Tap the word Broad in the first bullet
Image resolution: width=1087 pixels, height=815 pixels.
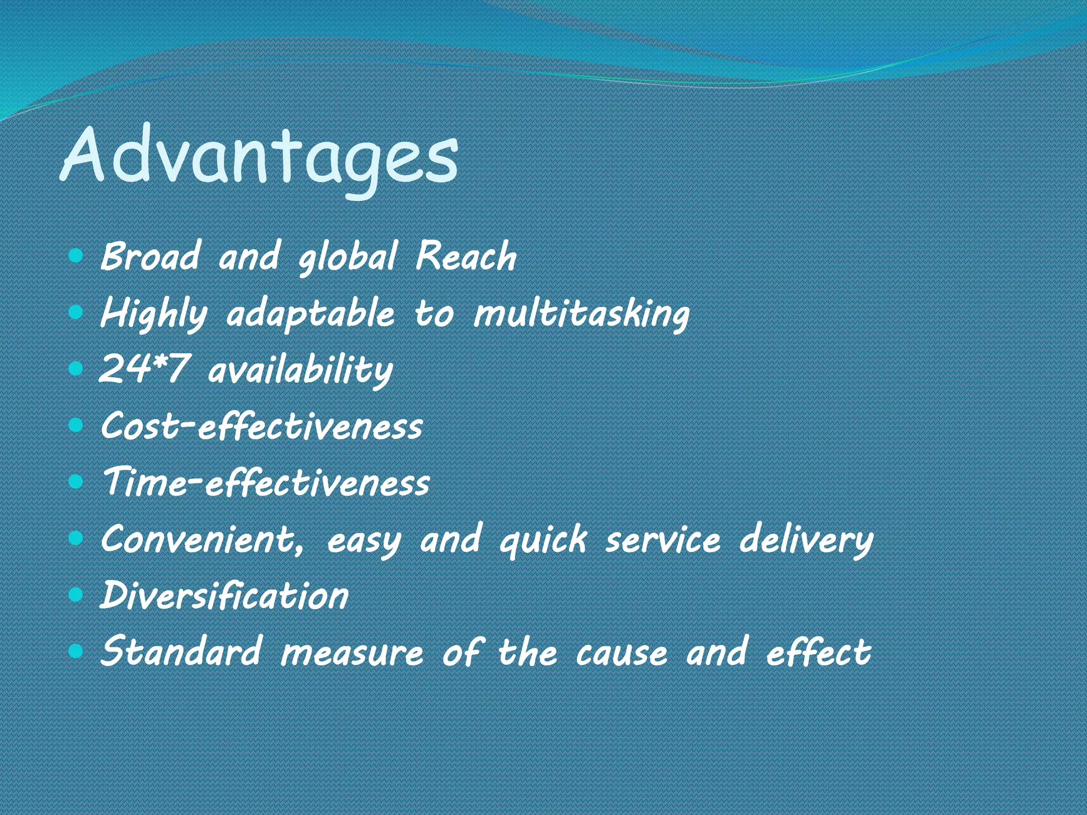point(150,256)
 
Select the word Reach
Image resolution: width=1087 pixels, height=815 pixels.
point(465,256)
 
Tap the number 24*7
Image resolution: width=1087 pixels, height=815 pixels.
point(143,369)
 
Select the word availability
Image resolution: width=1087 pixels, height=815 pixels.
point(300,370)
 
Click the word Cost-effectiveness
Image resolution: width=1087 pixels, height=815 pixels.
point(262,426)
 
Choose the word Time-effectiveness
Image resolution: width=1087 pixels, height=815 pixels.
point(266,483)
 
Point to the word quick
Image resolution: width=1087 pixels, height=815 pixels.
point(543,540)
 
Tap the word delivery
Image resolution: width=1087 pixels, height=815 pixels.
point(806,540)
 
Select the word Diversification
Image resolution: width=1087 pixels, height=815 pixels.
point(225,595)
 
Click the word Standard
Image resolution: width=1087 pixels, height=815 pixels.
point(181,652)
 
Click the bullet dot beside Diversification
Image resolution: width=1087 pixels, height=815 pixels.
point(76,594)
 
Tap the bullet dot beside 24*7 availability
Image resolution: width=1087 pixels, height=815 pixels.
point(76,368)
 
